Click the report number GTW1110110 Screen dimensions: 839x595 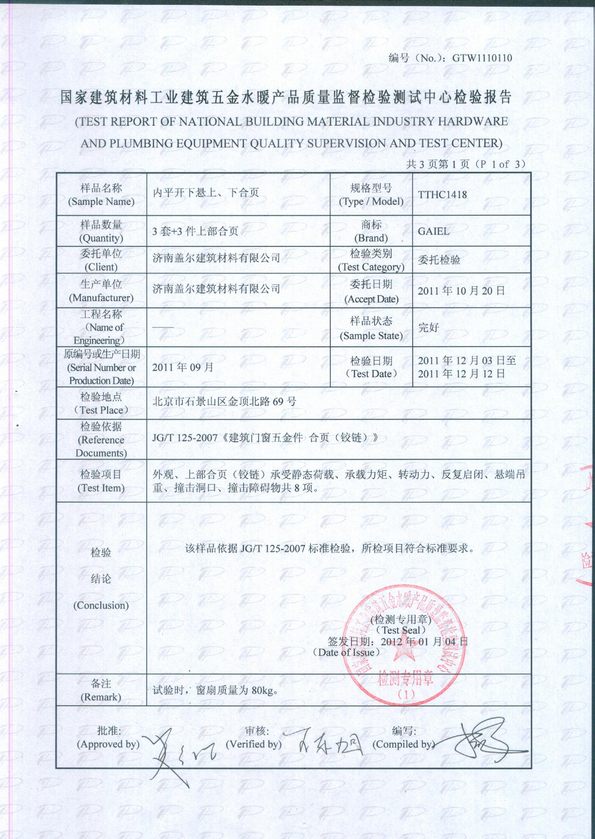click(482, 58)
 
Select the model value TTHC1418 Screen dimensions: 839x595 click(442, 195)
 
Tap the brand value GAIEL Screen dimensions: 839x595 click(433, 231)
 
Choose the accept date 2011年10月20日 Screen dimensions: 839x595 click(461, 291)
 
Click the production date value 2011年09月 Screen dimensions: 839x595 click(182, 367)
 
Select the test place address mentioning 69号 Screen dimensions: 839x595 click(224, 402)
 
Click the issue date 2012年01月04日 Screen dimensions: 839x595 click(424, 641)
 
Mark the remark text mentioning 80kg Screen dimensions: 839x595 click(215, 690)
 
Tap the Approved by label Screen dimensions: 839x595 click(108, 744)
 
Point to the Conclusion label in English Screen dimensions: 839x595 click(101, 605)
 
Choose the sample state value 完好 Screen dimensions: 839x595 click(428, 327)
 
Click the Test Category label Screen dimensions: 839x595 click(371, 267)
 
